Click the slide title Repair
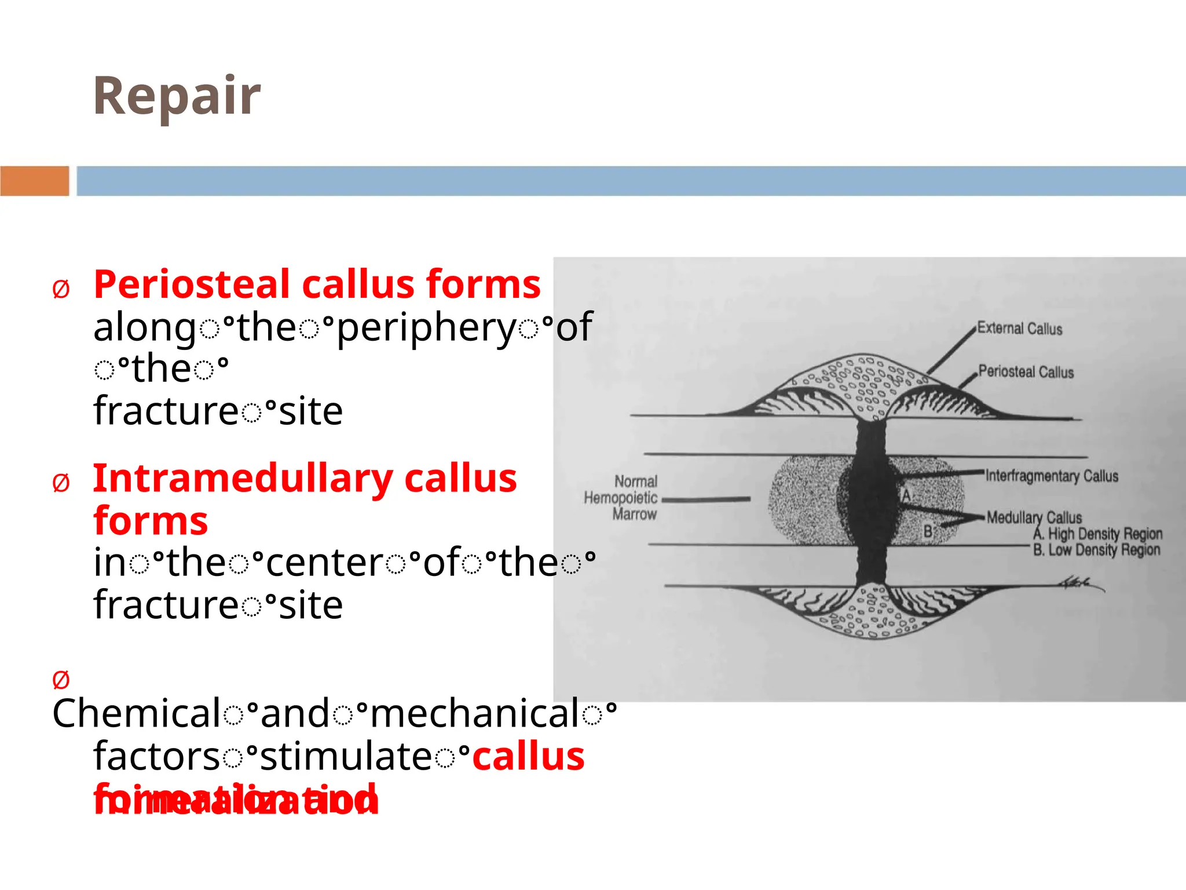[x=177, y=96]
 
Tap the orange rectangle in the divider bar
[x=34, y=181]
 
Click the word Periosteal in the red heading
[x=192, y=284]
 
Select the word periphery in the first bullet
[x=426, y=328]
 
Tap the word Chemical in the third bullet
[x=136, y=713]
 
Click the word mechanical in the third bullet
[x=475, y=713]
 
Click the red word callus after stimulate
[x=528, y=757]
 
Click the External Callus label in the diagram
[x=1020, y=329]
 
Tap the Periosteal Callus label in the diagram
[x=1026, y=372]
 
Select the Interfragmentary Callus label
[x=1052, y=476]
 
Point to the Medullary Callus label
[x=1034, y=517]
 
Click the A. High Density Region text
[x=1098, y=534]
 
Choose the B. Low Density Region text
[x=1097, y=550]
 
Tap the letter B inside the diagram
[x=928, y=531]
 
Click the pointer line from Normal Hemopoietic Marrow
[x=706, y=499]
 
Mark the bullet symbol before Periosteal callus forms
[x=61, y=289]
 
